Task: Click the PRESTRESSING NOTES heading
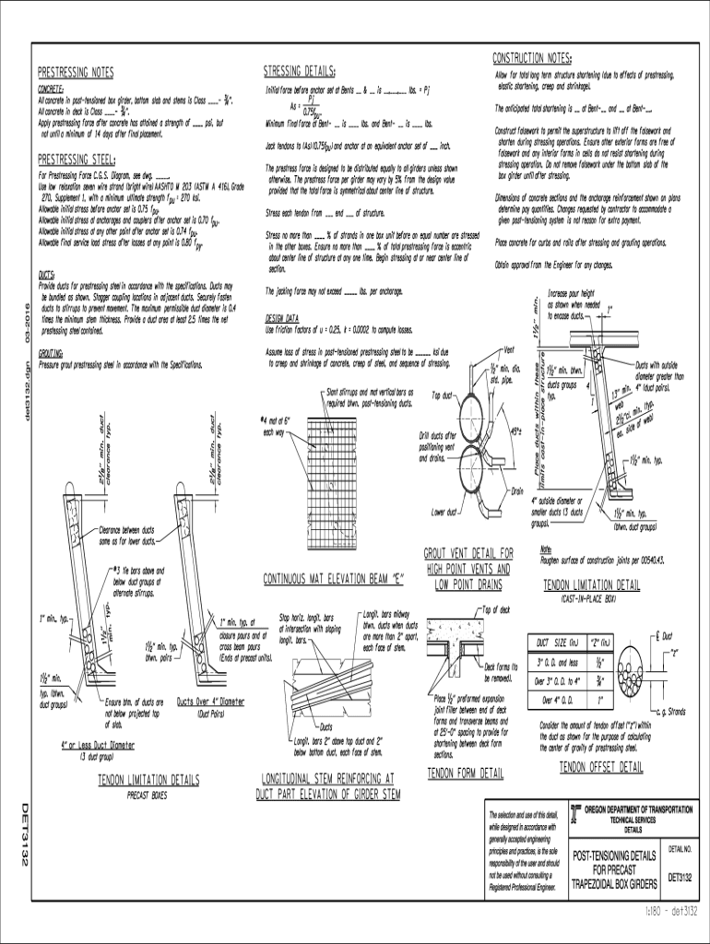click(76, 71)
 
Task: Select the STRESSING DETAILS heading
click(300, 71)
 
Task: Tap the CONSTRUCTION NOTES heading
click(533, 57)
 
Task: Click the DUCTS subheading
click(46, 274)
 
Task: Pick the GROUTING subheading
click(51, 352)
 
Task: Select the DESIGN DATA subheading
click(283, 318)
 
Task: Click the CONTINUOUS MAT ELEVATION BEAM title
click(334, 580)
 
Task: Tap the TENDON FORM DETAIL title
click(466, 772)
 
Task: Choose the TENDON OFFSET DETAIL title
click(601, 767)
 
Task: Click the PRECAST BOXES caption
click(149, 793)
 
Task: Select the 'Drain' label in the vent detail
click(517, 490)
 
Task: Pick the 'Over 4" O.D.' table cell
click(554, 699)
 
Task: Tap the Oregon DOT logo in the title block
click(576, 812)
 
